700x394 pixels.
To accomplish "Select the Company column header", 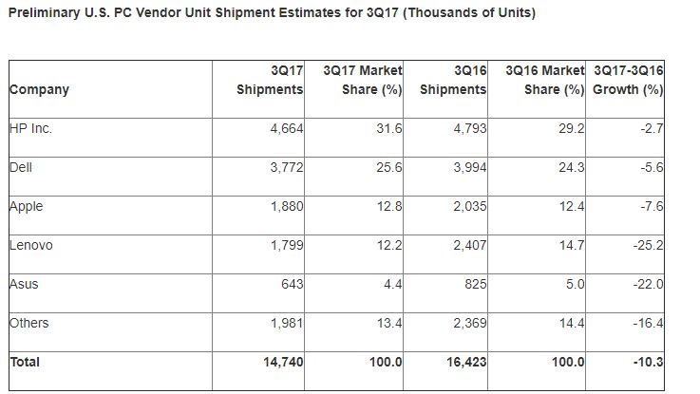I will pos(39,90).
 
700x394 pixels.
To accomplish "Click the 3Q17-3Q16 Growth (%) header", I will pos(627,81).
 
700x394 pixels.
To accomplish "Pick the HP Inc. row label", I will pos(30,129).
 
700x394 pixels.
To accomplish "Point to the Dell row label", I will pos(21,168).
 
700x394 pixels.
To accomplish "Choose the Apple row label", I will pos(26,206).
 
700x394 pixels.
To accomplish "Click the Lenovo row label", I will pos(30,245).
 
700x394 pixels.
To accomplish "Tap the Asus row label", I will pos(24,284).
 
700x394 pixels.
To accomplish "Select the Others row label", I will pos(28,323).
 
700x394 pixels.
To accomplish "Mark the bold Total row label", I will pos(26,362).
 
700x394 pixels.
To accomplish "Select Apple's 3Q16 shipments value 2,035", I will pos(468,207).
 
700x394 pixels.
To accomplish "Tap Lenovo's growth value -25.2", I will pos(644,246).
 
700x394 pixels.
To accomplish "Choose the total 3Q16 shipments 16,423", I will pos(464,363).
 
